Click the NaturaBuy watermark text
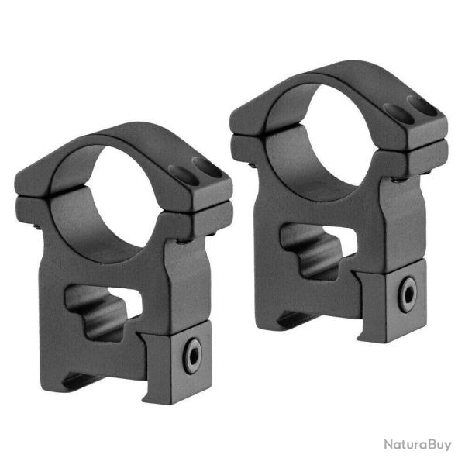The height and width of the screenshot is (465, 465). tap(418, 445)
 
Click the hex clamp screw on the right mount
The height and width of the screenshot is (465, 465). tap(408, 294)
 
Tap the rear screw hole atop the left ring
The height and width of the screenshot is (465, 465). tap(207, 167)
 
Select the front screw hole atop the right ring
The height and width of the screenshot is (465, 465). tap(398, 114)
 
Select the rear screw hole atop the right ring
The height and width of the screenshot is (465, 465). tap(422, 105)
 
